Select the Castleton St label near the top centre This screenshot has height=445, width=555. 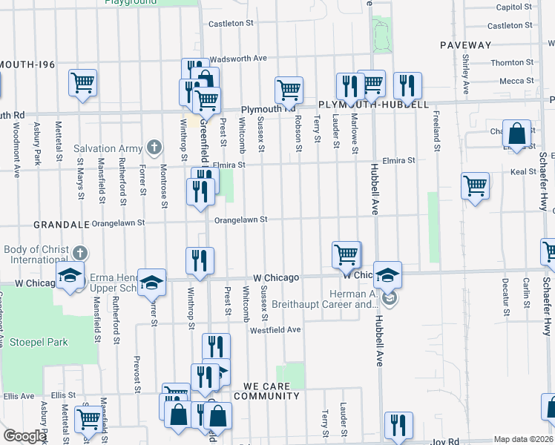231,24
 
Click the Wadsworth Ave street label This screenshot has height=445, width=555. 238,58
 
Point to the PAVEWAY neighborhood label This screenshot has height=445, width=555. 465,45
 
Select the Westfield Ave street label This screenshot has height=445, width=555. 275,329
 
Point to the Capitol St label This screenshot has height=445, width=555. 516,7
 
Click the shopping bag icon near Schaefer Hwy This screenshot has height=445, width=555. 516,134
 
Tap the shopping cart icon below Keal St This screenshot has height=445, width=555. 475,187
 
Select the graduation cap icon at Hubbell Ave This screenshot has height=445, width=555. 388,276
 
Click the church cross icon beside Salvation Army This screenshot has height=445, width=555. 154,147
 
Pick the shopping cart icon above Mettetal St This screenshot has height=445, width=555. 82,83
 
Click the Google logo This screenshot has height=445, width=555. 24,436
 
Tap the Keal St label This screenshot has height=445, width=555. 523,171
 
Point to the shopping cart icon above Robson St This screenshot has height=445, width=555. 289,90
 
